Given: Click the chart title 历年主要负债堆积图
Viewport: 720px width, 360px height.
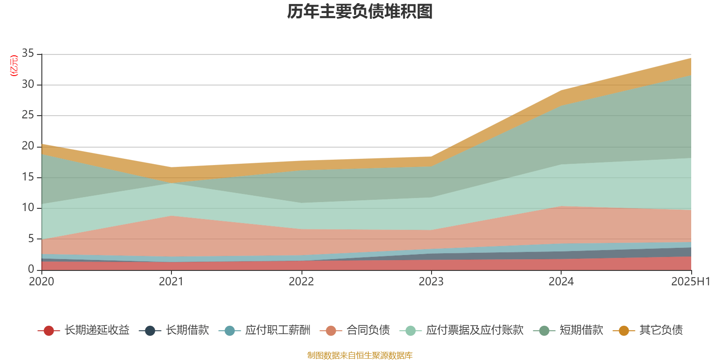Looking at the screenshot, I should click(360, 12).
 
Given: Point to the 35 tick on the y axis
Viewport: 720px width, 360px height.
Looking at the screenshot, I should click(28, 54).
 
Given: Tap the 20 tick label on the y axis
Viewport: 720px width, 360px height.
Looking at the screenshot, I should click(28, 146).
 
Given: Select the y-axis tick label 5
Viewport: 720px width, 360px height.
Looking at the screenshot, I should click(31, 238).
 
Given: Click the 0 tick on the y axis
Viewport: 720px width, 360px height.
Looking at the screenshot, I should click(31, 269).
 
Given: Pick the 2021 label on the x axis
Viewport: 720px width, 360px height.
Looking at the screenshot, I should click(171, 282).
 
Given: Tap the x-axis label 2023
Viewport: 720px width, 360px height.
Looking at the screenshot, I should click(431, 282).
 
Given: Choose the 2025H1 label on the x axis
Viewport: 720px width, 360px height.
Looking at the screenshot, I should click(690, 282).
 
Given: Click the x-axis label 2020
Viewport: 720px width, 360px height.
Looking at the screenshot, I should click(41, 282).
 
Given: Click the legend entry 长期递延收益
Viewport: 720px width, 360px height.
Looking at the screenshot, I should click(97, 330).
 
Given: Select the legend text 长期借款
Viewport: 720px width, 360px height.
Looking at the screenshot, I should click(187, 330).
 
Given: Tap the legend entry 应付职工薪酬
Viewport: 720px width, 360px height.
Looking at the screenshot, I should click(278, 330).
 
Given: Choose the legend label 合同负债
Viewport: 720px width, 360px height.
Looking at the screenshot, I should click(368, 330).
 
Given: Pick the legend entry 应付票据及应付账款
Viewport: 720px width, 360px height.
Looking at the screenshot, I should click(475, 330).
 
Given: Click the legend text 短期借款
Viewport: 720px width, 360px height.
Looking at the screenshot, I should click(581, 330).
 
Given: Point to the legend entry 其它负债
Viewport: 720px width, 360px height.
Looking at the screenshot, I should click(661, 330).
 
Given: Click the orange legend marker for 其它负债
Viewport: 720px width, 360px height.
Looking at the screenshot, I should click(624, 331).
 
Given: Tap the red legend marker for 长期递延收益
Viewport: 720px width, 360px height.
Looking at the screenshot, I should click(49, 331).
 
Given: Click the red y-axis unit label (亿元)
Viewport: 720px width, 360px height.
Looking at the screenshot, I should click(14, 66).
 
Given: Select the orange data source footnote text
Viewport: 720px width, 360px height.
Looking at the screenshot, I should click(360, 355).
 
